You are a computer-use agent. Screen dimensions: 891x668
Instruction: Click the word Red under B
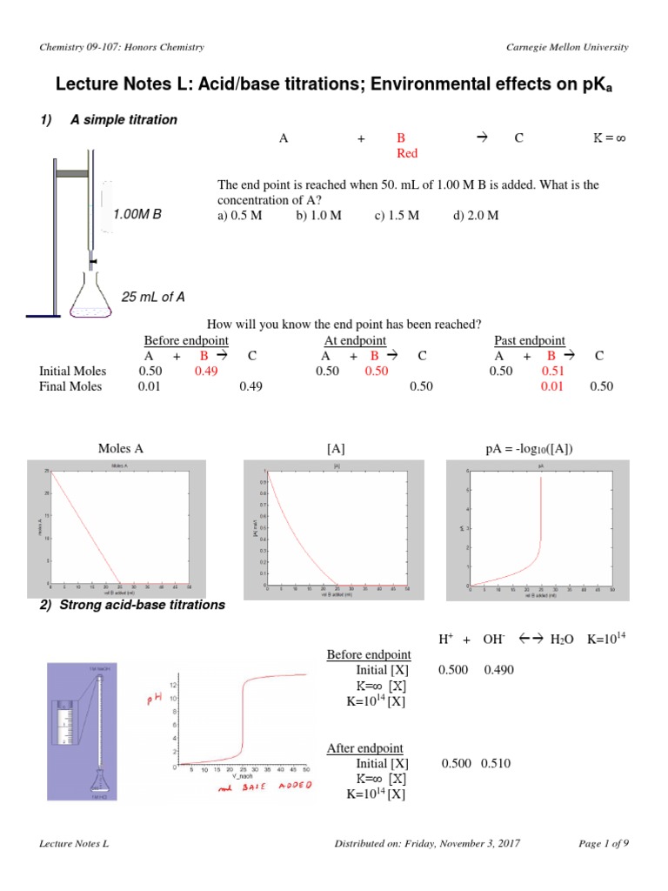407,153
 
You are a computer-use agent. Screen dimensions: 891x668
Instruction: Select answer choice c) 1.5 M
397,216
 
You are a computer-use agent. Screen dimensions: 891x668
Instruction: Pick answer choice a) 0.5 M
240,216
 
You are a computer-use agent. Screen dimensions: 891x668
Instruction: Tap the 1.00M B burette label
137,212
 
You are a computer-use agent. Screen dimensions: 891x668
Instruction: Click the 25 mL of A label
153,297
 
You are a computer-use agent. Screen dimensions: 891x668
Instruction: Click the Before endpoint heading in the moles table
186,340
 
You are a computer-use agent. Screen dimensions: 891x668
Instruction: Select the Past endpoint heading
529,340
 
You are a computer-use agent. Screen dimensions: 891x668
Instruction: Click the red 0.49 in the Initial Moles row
206,371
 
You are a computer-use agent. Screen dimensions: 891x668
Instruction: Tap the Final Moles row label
70,386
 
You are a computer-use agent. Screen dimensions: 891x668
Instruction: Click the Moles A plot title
121,449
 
